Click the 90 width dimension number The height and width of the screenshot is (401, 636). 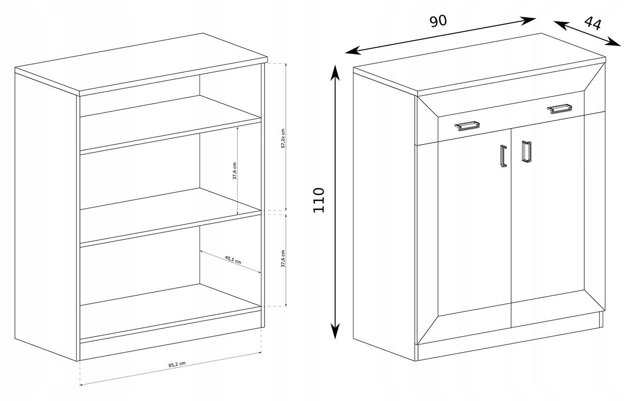pyautogui.click(x=438, y=21)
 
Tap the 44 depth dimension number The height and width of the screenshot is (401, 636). pyautogui.click(x=593, y=23)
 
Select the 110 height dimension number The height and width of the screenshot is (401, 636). pyautogui.click(x=319, y=200)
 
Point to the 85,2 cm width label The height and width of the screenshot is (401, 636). pyautogui.click(x=177, y=364)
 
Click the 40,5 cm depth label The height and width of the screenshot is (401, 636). pyautogui.click(x=233, y=260)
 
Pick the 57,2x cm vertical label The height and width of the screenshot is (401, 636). pyautogui.click(x=283, y=138)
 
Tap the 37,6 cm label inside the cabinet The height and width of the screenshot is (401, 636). pyautogui.click(x=234, y=171)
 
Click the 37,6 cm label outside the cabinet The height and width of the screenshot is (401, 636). pyautogui.click(x=283, y=258)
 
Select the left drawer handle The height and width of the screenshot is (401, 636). pyautogui.click(x=467, y=126)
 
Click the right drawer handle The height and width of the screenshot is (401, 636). pyautogui.click(x=559, y=109)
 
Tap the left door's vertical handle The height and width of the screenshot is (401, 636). pyautogui.click(x=503, y=156)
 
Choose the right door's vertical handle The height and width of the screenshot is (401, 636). pyautogui.click(x=527, y=152)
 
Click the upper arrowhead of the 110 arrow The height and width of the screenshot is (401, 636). pyautogui.click(x=335, y=72)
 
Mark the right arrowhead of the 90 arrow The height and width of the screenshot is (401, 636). pyautogui.click(x=528, y=20)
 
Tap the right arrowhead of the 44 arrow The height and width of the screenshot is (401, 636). pyautogui.click(x=614, y=42)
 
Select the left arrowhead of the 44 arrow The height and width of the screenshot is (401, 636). pyautogui.click(x=561, y=25)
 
